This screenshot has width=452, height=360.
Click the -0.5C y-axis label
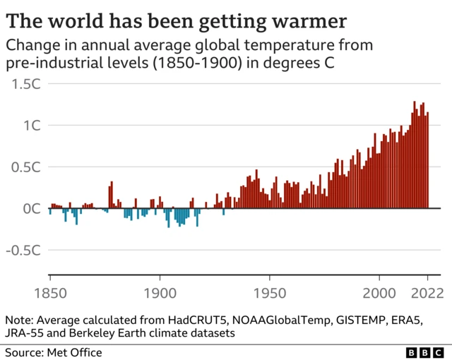tap(25, 251)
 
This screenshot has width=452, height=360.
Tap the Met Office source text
tap(73, 352)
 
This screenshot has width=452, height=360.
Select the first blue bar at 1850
tap(50, 212)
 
